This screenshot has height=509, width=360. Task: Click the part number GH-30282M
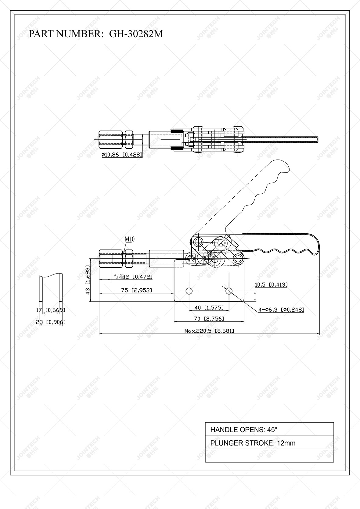point(136,34)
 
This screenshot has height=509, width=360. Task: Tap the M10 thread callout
point(129,239)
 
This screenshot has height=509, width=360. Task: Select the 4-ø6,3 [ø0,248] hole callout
point(281,310)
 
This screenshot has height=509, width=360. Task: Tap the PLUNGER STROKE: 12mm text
point(253,443)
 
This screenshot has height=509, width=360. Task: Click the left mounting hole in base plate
point(189,291)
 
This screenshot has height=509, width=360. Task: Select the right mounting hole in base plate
point(229,291)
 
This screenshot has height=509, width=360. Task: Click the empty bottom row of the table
point(269,455)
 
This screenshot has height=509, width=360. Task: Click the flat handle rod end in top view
point(317,140)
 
